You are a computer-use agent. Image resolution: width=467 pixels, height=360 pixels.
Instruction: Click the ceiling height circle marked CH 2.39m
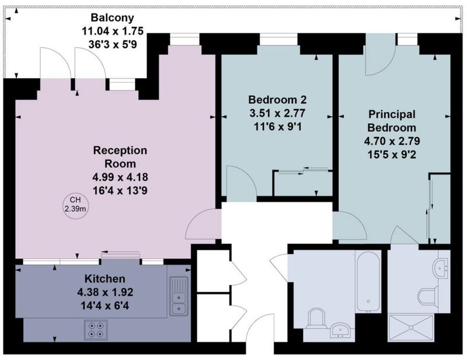tap(75, 204)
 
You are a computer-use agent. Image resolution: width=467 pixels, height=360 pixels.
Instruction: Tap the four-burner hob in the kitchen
tap(96, 330)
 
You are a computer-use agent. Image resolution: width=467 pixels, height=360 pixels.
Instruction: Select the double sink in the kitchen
tap(179, 296)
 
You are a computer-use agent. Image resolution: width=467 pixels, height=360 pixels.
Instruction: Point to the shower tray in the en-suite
tap(410, 327)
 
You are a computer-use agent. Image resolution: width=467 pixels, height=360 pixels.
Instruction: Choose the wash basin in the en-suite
tap(442, 268)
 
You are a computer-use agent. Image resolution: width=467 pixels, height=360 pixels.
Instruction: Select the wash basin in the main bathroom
tap(341, 330)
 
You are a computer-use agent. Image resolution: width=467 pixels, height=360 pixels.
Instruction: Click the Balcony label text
tap(112, 18)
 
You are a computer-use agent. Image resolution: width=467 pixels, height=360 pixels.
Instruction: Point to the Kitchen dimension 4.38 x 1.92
tap(105, 292)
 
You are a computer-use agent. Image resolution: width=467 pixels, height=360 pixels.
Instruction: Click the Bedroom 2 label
tap(277, 99)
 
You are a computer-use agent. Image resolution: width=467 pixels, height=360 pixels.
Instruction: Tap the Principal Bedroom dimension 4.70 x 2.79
tap(392, 141)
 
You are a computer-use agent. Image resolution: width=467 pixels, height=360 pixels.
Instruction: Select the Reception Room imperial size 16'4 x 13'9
tap(120, 190)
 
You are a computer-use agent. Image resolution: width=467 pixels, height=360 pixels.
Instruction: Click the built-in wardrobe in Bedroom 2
tap(303, 183)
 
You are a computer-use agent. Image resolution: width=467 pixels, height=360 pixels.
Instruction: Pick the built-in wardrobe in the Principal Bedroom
tap(440, 208)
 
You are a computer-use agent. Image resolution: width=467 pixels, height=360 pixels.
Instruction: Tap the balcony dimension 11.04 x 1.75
tap(113, 31)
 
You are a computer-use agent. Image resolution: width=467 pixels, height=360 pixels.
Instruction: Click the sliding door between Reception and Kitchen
tap(121, 254)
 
